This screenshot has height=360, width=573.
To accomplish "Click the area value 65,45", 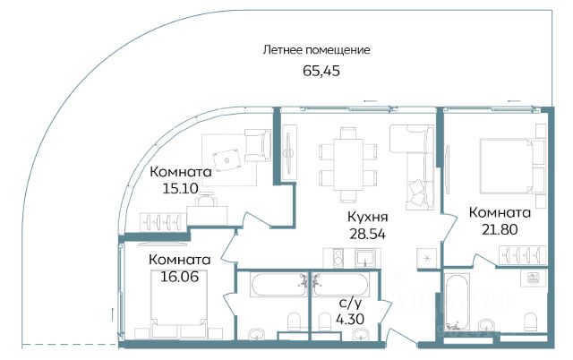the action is point(321,71).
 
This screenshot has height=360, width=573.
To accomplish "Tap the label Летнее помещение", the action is point(316,50).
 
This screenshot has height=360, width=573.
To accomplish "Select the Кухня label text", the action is point(367,217).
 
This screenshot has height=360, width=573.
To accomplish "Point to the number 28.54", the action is point(367,234).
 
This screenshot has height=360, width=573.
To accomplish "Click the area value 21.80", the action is point(500,229).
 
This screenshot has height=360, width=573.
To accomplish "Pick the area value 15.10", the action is point(181,189).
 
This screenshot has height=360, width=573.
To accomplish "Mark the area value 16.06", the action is point(180,277).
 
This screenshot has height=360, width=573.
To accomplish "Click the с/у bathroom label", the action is point(350,304).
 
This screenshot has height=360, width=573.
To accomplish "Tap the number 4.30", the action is point(350,320).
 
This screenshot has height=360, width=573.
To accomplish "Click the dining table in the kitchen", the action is point(348,165).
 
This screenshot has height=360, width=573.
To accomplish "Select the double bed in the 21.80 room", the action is point(508,166).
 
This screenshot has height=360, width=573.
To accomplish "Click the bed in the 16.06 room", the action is point(179,304).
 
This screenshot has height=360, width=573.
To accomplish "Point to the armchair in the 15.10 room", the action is point(258,145).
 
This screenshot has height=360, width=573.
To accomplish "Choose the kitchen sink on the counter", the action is point(365,257).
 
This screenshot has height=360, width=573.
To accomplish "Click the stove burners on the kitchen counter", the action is point(338,258).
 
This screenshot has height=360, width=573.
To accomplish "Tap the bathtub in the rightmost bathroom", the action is point(456,303).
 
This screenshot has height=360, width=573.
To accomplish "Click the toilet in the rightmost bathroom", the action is point(530,322).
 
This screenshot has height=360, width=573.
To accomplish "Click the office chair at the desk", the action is point(206,200).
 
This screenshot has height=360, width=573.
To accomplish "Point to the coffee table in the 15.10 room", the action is point(227,159).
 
